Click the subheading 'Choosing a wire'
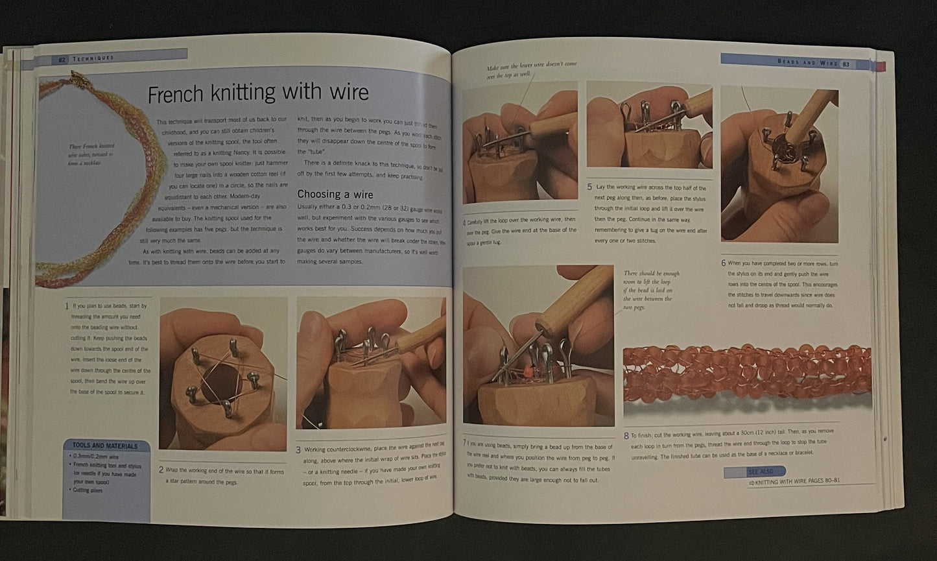point(335,194)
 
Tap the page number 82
point(62,58)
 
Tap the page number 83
point(846,64)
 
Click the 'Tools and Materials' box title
point(105,446)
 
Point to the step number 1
point(67,305)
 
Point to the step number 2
point(161,469)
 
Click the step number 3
point(298,449)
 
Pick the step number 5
point(589,187)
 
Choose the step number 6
point(724,263)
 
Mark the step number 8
point(626,436)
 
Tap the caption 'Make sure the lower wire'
point(531,69)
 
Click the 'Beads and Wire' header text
point(805,62)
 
